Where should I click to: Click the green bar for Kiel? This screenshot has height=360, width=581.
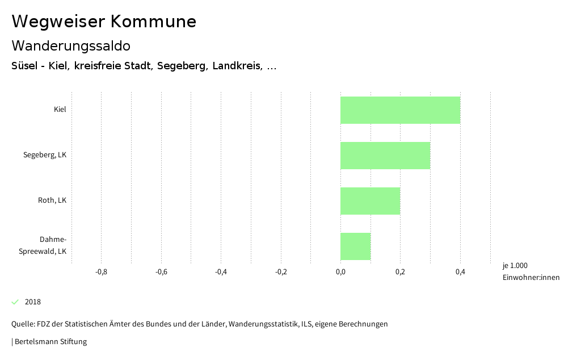click(400, 110)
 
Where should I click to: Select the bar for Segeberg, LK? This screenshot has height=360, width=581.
click(385, 156)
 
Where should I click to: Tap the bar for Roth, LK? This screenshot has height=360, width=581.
click(370, 201)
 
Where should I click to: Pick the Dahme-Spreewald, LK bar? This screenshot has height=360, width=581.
click(355, 246)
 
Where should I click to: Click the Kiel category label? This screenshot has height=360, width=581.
click(60, 110)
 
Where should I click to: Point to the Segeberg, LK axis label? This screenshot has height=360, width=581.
click(45, 155)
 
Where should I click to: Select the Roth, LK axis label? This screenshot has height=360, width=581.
click(52, 200)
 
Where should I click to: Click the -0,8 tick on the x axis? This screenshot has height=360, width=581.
click(101, 272)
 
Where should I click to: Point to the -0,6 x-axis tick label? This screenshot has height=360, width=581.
click(161, 272)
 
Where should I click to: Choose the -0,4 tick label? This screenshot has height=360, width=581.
click(221, 272)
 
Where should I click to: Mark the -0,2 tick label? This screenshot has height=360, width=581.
click(281, 272)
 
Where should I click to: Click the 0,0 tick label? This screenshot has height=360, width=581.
click(340, 272)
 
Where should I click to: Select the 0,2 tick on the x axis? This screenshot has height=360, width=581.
click(400, 272)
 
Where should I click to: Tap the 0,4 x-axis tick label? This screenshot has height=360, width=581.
click(460, 272)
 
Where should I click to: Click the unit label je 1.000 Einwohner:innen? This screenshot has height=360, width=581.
click(531, 271)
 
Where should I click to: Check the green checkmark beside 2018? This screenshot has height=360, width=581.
click(15, 302)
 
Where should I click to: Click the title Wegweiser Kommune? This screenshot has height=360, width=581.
click(104, 22)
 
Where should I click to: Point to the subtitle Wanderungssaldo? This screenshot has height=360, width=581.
click(71, 45)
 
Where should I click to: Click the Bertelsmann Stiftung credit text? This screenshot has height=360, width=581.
click(50, 342)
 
